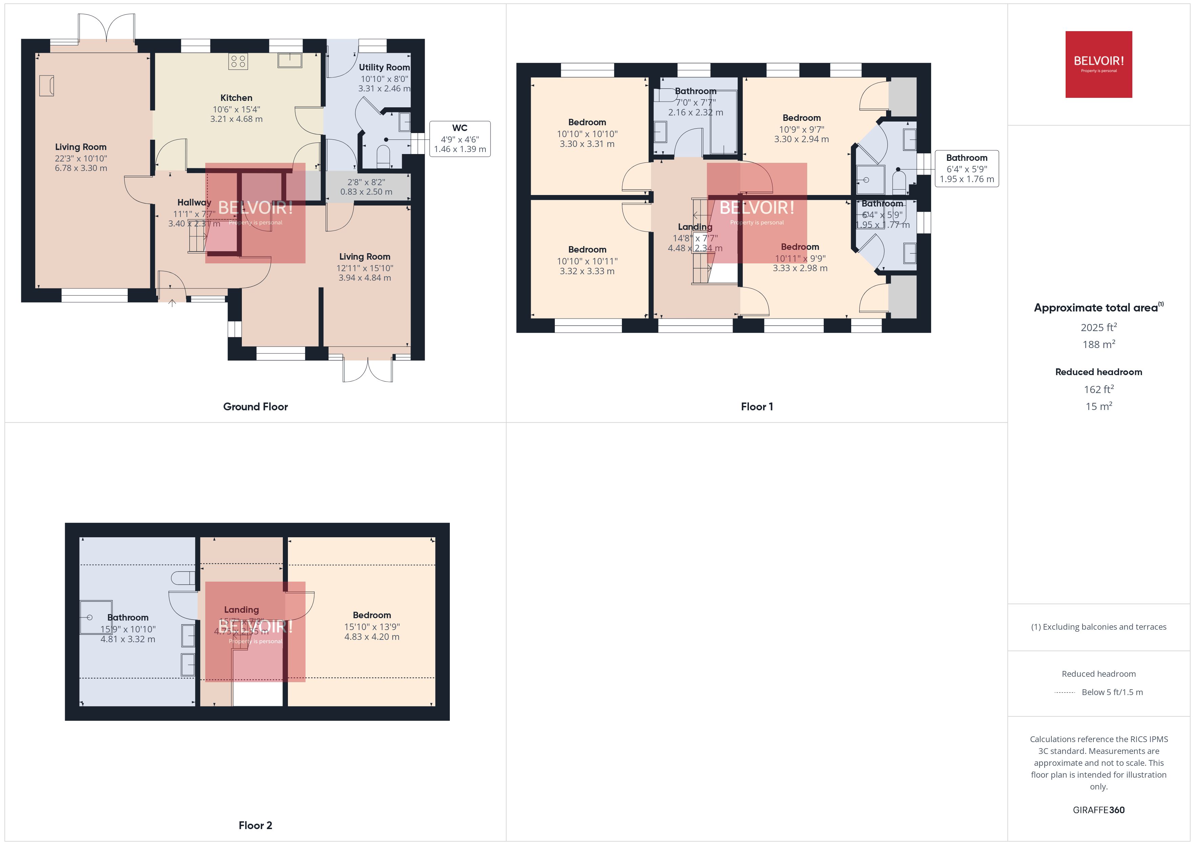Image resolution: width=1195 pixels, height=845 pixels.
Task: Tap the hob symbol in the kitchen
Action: click(238, 61)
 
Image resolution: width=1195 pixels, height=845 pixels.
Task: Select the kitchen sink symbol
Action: click(289, 60)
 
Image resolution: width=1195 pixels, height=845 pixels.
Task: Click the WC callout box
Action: click(460, 138)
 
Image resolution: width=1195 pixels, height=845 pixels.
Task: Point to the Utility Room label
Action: click(384, 67)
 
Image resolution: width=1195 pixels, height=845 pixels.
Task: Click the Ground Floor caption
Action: click(255, 406)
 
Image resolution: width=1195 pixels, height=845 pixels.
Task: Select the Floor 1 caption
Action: click(757, 406)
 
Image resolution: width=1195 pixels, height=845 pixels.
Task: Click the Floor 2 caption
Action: click(255, 825)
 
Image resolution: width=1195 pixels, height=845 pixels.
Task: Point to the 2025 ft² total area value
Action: click(1098, 327)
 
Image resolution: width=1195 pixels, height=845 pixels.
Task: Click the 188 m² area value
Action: click(1098, 344)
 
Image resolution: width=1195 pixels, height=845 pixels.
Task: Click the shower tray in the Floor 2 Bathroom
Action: click(96, 617)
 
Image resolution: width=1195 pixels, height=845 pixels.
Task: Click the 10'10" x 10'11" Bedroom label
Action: click(587, 261)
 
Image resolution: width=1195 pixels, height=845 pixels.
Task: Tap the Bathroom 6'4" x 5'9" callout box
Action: click(966, 168)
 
